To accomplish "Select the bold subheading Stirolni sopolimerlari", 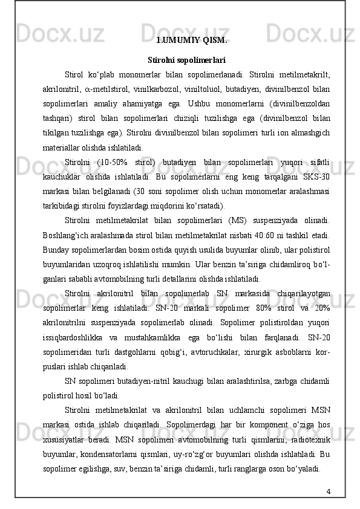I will [x=186, y=60].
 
